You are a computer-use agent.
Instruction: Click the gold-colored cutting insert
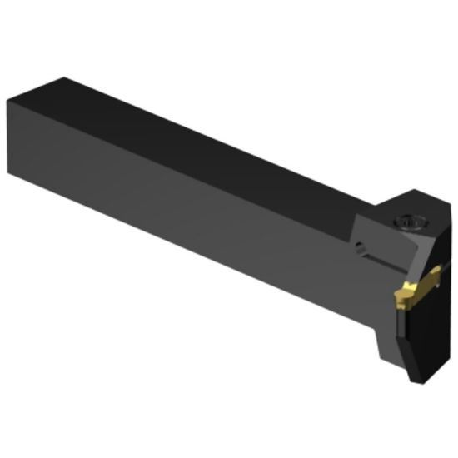(x=411, y=291)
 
